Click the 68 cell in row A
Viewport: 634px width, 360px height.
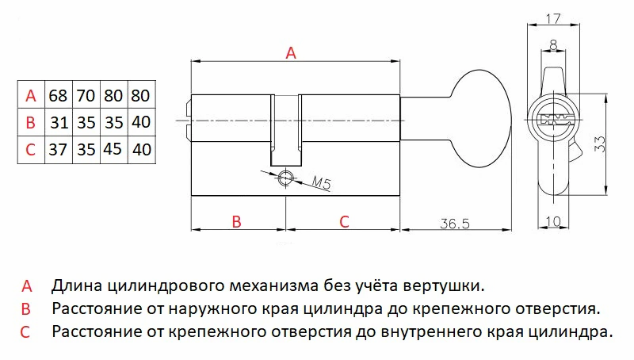(58, 96)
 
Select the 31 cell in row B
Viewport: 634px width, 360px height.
(58, 122)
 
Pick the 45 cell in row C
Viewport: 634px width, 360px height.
(113, 149)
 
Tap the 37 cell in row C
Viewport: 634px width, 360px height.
(58, 149)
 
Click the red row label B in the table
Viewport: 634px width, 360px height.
(30, 122)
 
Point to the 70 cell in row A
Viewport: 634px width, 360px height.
(86, 96)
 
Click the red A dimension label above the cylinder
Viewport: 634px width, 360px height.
(291, 52)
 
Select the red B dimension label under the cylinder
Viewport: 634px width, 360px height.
(236, 222)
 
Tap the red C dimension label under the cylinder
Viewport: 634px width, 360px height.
(344, 222)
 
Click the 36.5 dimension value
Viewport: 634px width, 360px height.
(455, 224)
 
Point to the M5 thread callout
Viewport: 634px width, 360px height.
(322, 183)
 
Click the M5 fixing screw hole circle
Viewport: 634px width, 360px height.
(285, 177)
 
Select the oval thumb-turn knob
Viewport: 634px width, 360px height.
(481, 119)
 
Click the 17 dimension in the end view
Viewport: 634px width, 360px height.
(552, 18)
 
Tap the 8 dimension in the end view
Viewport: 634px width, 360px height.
(553, 44)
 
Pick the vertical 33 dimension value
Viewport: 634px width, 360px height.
(600, 144)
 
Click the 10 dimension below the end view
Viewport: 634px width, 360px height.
(553, 221)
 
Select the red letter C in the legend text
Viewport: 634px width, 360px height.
(25, 332)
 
